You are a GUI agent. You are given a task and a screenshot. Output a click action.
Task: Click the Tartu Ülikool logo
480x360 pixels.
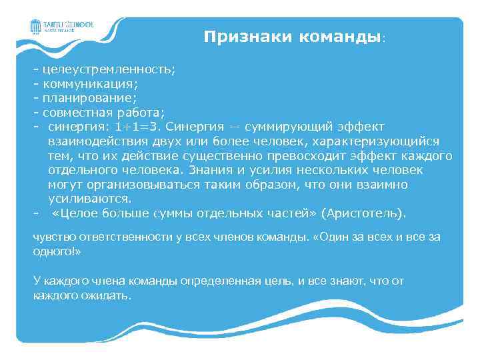coord(62,26)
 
